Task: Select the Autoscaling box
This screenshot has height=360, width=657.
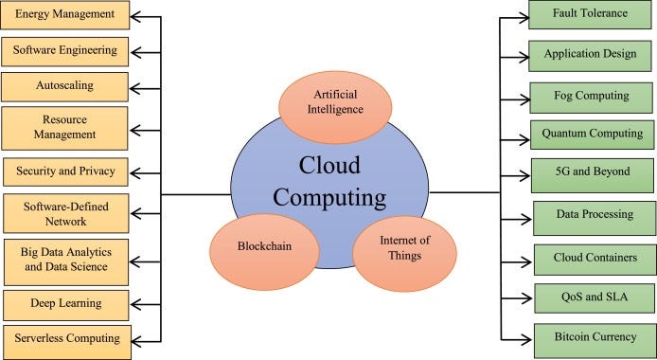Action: click(x=63, y=84)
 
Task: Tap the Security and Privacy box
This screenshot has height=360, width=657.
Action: click(x=64, y=172)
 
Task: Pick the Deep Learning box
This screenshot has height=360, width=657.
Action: click(x=64, y=304)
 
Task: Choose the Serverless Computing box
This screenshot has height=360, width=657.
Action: click(x=64, y=338)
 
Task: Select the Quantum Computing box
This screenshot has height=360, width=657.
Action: click(x=592, y=134)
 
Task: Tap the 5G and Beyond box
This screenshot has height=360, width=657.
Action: click(x=592, y=174)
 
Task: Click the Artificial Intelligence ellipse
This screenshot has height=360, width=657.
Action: click(x=336, y=101)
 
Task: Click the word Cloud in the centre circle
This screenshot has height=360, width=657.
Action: click(x=329, y=165)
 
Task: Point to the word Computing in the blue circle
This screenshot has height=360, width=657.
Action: click(x=329, y=198)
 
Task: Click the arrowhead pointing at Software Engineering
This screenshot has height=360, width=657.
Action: click(x=134, y=48)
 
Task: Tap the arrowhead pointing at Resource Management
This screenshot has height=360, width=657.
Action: click(x=134, y=127)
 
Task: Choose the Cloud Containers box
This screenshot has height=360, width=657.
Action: click(x=592, y=257)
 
